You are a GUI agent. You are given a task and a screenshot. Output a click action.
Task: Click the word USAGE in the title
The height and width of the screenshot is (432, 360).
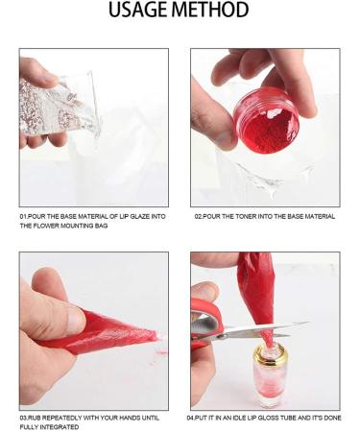(x=144, y=12)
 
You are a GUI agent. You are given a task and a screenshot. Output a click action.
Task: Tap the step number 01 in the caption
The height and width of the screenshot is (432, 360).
(x=24, y=217)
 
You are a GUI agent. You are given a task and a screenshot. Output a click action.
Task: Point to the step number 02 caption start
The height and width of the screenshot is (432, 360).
(x=199, y=217)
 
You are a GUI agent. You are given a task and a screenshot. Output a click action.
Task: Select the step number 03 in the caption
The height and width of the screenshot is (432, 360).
(x=24, y=419)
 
